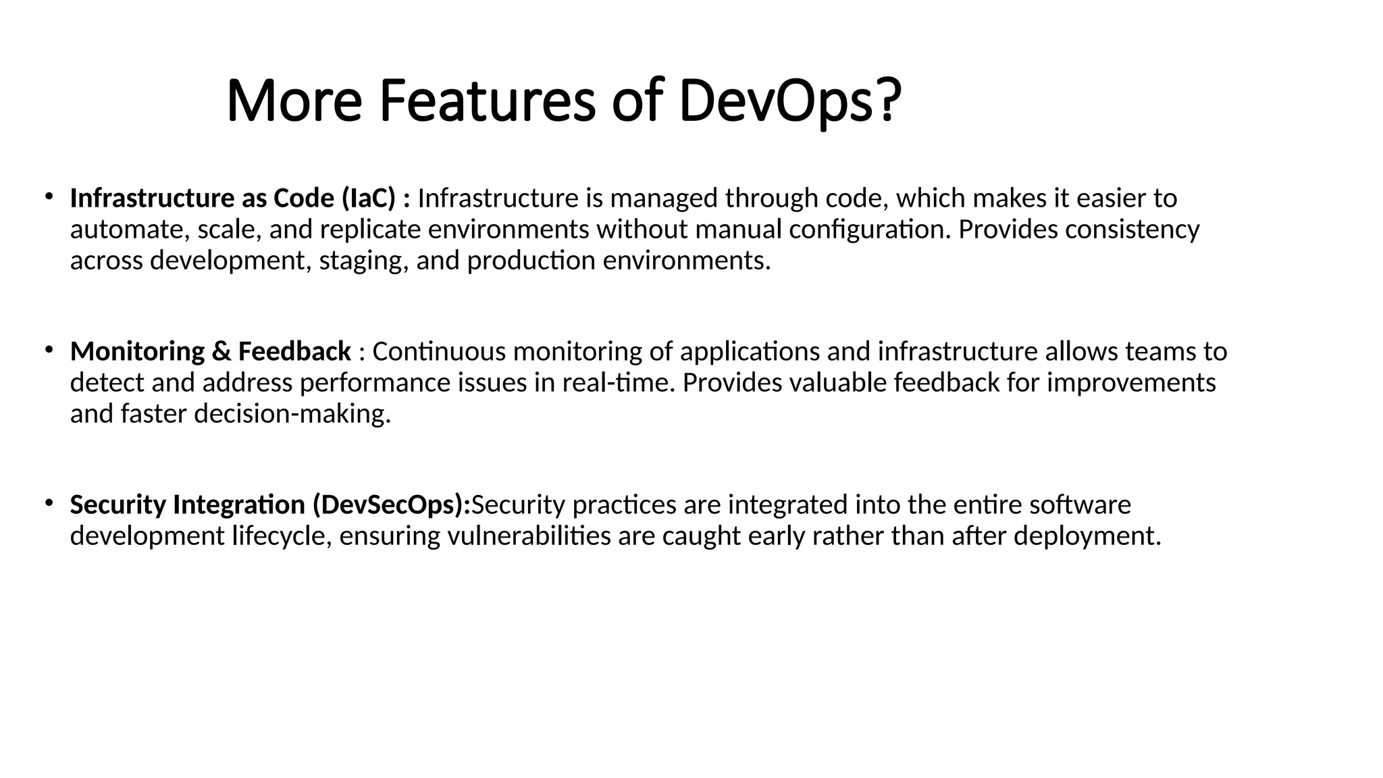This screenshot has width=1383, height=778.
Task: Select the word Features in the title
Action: click(487, 101)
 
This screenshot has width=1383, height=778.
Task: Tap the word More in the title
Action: click(294, 101)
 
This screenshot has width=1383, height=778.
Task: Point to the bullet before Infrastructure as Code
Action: click(49, 197)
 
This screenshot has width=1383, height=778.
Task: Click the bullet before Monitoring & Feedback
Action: click(49, 350)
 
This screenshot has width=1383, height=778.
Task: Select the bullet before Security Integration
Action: click(49, 503)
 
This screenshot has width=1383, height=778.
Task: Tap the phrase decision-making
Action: click(292, 414)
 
